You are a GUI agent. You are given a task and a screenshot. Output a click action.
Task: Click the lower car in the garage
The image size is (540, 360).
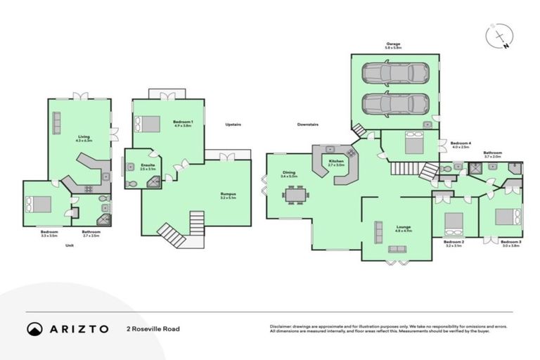pos(395,103)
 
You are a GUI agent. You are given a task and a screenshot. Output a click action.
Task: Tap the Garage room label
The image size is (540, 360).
pos(392,44)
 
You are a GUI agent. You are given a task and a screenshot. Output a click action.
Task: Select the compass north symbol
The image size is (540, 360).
pos(499,36)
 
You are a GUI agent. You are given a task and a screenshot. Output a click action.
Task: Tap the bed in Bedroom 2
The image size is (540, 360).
pos(450,222)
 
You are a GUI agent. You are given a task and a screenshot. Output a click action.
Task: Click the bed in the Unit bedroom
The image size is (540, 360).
pos(39,204)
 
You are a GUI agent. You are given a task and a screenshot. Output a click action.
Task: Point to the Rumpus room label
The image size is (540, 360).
pos(228,195)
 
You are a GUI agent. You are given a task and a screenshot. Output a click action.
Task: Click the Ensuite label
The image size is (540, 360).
pos(148,166)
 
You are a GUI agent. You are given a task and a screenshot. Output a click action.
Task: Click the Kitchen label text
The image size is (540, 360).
pos(337,160)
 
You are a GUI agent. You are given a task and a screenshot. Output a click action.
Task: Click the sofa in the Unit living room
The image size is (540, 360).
pos(58,118)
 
